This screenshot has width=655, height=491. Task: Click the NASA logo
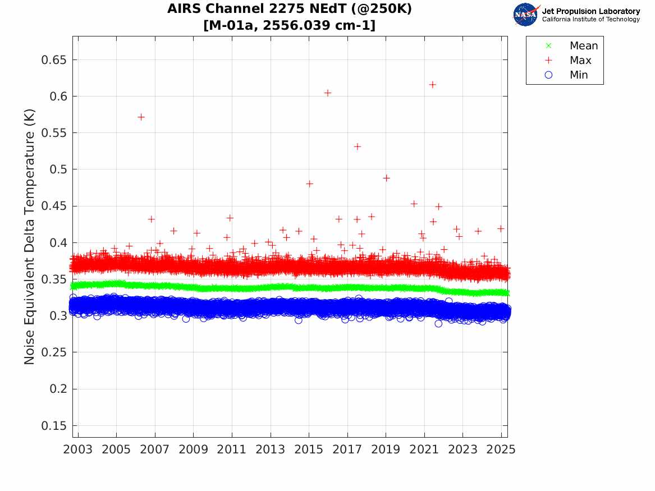525,15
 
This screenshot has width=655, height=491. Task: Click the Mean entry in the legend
584,46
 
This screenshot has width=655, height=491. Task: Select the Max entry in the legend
580,61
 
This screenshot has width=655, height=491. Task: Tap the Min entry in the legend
579,75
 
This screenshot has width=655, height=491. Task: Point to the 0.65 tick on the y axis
54,59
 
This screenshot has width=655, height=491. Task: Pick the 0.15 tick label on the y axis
54,425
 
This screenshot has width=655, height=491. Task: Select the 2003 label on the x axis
78,449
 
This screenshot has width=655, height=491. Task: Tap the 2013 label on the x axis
271,449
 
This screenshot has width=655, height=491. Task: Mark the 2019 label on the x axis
386,449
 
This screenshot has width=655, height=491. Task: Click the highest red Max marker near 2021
433,85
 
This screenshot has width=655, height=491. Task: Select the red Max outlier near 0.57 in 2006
141,117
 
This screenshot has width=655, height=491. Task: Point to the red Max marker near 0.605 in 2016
328,93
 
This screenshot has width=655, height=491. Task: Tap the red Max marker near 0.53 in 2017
357,146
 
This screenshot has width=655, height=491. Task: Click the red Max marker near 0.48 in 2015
309,183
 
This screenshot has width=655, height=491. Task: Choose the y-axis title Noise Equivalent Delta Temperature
30,236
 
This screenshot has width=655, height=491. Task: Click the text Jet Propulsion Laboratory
590,11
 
